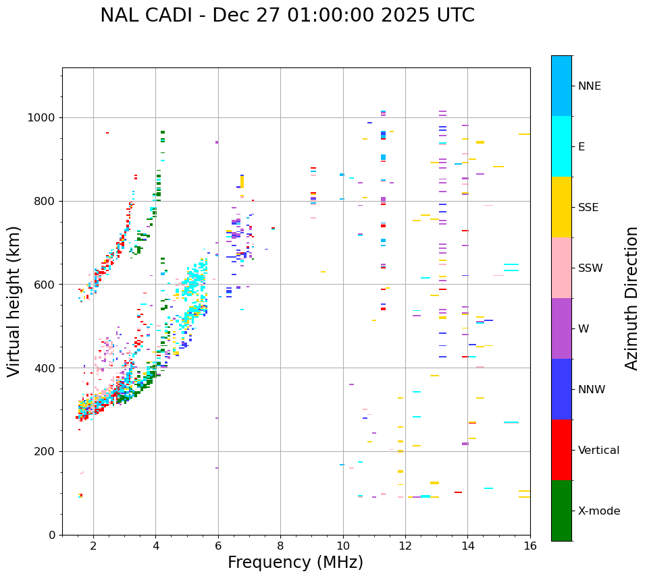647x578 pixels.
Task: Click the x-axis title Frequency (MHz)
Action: coord(295,562)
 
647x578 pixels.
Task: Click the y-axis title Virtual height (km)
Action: coord(14,301)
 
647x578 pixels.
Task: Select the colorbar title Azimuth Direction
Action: coord(631,298)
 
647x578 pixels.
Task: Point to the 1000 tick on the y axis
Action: coord(45,118)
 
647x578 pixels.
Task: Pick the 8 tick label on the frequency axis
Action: coord(280,546)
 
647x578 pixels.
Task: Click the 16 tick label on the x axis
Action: coord(530,546)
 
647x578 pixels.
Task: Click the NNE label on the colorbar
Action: coord(589,86)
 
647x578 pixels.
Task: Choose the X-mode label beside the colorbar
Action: coord(598,511)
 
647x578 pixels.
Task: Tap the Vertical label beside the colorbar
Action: coord(598,451)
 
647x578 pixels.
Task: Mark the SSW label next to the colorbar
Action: coord(590,268)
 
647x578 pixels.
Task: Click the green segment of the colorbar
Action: coord(561,511)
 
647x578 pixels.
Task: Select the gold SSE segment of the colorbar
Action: coord(561,207)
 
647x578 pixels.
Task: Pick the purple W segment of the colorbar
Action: coord(561,328)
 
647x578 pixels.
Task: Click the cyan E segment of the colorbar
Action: coord(561,146)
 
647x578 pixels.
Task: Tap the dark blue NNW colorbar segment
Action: coord(561,389)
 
